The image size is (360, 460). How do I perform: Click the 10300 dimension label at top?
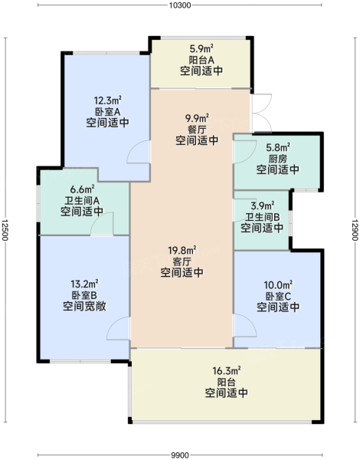180,5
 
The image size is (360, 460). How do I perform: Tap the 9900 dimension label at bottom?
180,455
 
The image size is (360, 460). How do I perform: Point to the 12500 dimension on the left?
5,230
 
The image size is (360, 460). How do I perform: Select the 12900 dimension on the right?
355,230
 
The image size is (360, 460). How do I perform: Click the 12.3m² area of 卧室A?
107,100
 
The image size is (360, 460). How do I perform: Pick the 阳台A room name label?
201,60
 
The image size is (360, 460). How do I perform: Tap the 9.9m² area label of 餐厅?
197,118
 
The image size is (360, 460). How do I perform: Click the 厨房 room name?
277,159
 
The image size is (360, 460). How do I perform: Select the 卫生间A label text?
82,201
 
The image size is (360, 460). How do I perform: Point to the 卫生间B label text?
262,217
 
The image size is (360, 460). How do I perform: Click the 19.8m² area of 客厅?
182,250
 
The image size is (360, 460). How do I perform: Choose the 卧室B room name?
84,295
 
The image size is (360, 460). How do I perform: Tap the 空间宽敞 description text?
84,306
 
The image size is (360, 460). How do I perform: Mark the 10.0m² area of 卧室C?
278,284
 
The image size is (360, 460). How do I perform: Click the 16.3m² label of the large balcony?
226,371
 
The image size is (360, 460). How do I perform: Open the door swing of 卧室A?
132,146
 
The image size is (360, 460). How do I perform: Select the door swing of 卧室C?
250,320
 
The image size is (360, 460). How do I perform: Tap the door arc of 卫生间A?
97,217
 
